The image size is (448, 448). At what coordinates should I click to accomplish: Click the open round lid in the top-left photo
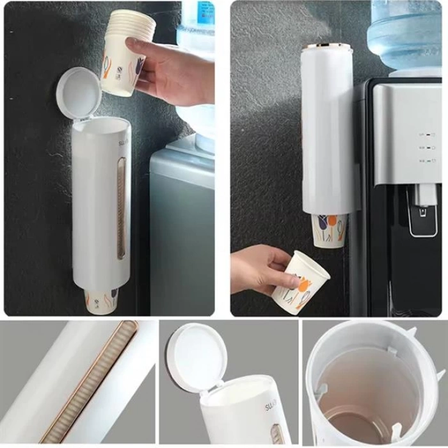(x=81, y=91)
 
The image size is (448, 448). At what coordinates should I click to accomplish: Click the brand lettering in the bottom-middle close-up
(x=269, y=406)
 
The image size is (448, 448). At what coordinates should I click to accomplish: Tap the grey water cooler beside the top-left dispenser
(x=182, y=230)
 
